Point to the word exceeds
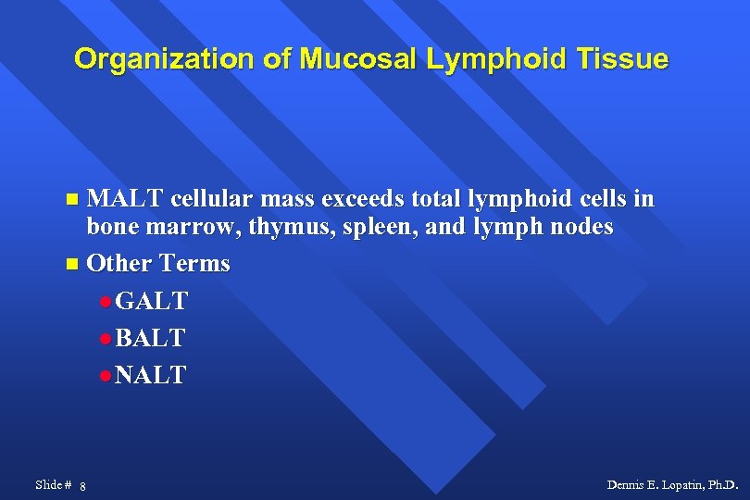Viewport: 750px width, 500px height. [354, 199]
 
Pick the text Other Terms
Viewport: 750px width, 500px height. [157, 263]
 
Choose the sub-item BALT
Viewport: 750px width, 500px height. [150, 338]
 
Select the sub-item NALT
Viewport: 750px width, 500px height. [151, 375]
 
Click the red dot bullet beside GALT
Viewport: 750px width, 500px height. [106, 303]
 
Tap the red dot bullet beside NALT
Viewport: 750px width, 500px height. [106, 377]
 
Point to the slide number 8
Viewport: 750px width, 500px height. [83, 486]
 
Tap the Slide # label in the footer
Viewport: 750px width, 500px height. [53, 484]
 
